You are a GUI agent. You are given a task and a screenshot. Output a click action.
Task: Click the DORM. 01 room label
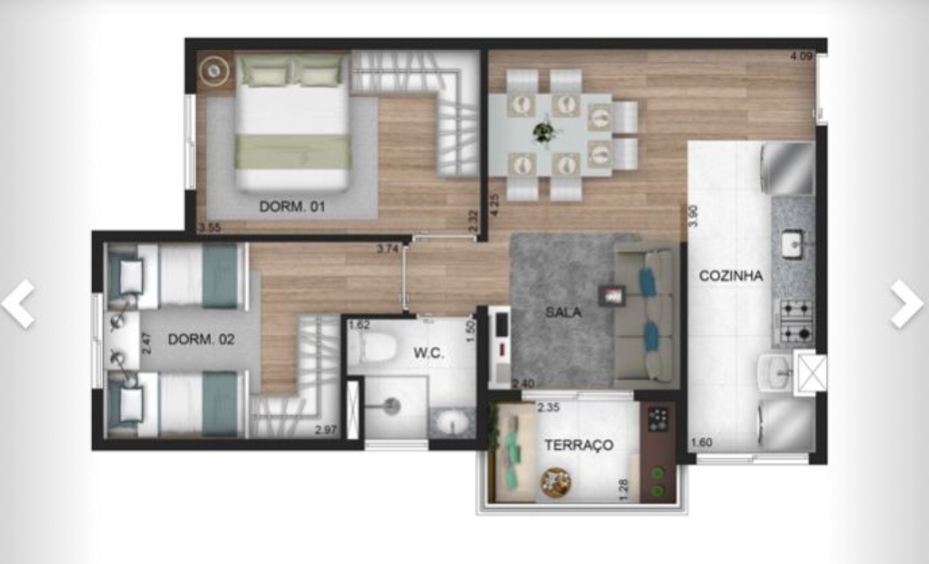(292, 206)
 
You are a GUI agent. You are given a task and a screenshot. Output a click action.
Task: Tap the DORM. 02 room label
(201, 339)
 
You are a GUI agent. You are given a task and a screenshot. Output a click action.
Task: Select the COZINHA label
(731, 276)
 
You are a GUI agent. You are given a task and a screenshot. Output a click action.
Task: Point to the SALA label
(563, 312)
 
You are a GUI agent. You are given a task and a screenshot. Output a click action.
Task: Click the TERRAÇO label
(579, 446)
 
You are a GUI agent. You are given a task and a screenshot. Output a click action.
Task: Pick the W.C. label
(429, 353)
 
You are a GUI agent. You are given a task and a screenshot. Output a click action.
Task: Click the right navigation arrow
(907, 304)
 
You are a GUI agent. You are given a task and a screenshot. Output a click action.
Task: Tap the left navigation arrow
(19, 304)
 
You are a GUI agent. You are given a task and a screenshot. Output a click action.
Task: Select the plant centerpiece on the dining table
(544, 133)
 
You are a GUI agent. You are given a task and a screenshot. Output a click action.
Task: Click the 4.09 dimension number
(801, 56)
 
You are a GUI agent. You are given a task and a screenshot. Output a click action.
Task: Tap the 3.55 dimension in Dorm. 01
(210, 228)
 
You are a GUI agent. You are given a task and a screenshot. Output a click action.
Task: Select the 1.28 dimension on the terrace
(624, 490)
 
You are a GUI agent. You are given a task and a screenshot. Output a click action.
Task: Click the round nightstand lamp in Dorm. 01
(214, 71)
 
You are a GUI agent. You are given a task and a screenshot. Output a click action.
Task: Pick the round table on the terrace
(556, 482)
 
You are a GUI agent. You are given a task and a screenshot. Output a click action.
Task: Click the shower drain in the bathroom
(392, 405)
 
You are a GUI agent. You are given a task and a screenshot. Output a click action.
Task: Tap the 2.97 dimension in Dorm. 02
(326, 430)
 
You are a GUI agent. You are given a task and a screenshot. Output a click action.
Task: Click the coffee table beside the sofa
(612, 295)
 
